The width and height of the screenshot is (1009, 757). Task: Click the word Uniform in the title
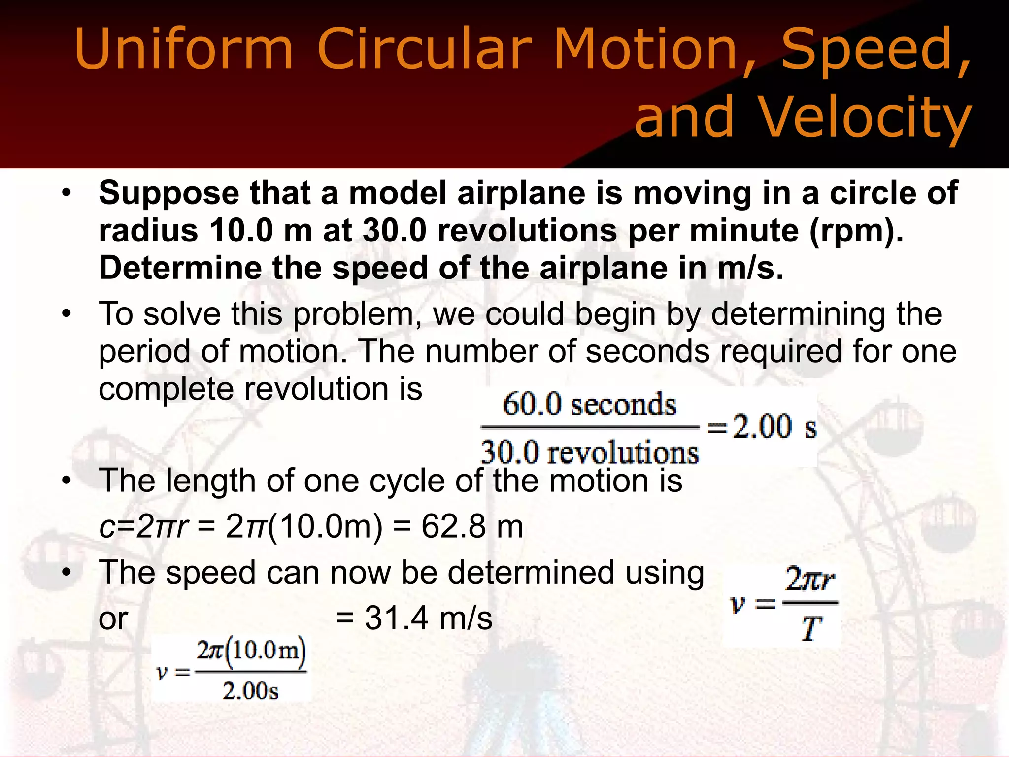(183, 49)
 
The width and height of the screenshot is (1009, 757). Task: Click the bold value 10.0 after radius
(241, 230)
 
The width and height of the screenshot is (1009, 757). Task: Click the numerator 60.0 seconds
(589, 405)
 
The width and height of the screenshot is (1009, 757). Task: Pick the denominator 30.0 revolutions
(589, 452)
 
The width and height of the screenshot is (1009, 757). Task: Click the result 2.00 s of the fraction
(774, 427)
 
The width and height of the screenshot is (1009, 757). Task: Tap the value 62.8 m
(472, 526)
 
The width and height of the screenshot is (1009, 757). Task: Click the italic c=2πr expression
(143, 526)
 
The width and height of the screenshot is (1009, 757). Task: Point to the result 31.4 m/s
(428, 618)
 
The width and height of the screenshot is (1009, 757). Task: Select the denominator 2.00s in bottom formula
(250, 690)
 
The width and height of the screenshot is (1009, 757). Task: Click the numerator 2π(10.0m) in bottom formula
(251, 652)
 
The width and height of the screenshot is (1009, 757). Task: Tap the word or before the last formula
(113, 619)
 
